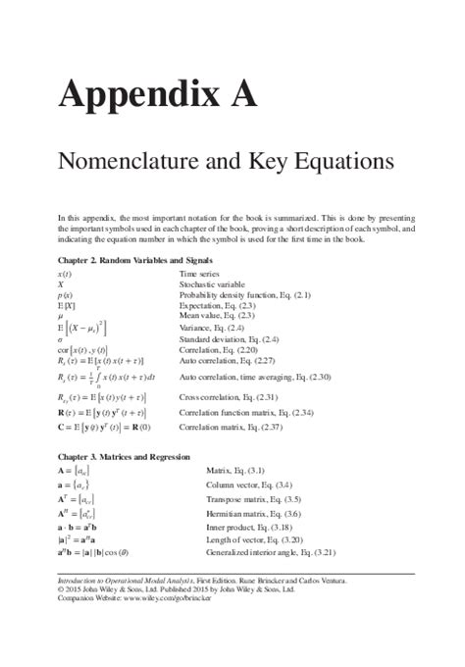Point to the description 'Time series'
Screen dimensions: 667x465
199,274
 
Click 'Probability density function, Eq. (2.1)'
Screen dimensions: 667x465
245,294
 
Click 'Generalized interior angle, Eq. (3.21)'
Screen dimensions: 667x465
278,552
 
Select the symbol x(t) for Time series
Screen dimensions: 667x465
65,274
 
